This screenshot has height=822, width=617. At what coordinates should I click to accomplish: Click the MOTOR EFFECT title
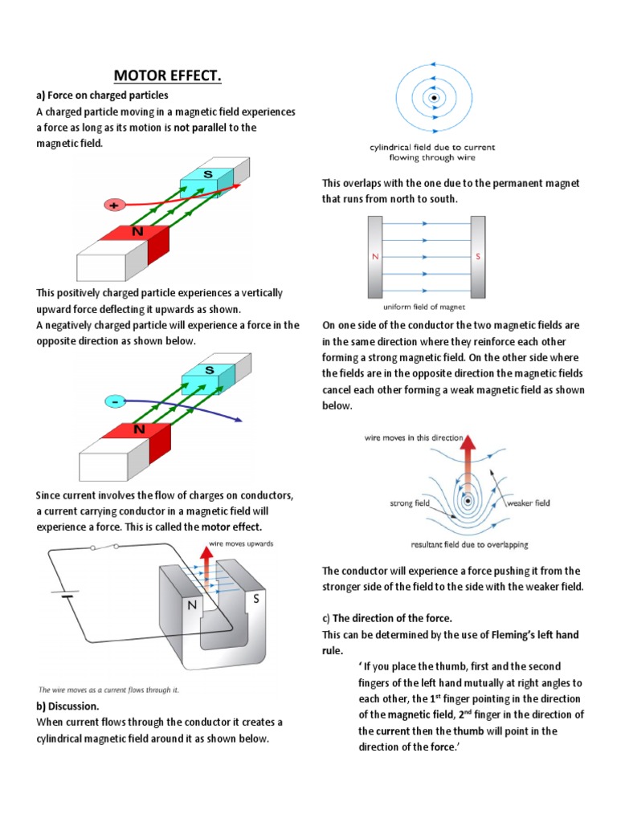(167, 76)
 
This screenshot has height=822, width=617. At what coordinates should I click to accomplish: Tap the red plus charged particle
(114, 205)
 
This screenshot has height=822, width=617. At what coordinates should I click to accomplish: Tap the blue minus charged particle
(114, 400)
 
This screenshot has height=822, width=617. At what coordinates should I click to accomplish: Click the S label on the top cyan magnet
(208, 173)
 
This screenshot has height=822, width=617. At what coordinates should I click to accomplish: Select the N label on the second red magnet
(139, 429)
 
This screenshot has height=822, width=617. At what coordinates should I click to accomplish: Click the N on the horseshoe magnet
(192, 607)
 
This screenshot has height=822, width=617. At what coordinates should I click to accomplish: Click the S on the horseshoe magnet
(256, 599)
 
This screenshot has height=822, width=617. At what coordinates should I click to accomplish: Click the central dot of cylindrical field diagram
(433, 99)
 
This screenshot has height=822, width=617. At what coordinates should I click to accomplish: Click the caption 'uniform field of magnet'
(426, 306)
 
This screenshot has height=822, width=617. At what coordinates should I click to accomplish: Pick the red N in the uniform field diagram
(374, 257)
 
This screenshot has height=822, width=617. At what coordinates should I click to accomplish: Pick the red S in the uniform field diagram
(477, 257)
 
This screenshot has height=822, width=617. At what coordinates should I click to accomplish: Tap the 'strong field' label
(410, 503)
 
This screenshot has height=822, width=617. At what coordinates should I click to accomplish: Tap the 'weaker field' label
(528, 503)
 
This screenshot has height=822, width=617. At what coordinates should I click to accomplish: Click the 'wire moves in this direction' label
(414, 438)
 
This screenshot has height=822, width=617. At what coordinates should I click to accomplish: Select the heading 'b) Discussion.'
(68, 706)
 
